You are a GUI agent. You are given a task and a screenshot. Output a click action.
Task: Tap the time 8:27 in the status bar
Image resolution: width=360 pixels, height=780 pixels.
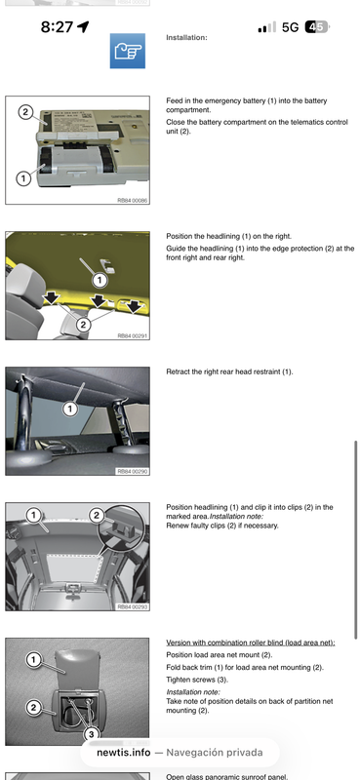[57, 27]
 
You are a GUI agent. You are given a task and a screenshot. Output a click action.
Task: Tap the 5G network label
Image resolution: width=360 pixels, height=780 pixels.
[290, 27]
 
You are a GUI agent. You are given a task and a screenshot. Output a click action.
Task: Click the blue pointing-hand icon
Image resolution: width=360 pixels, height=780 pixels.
[127, 50]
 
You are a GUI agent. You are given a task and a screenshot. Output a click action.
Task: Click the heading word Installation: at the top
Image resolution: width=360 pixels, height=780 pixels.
[185, 38]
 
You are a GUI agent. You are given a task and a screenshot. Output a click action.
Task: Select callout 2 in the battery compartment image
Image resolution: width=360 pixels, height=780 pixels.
[24, 112]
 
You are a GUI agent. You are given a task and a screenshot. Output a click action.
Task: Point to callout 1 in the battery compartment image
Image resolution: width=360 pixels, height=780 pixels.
[21, 177]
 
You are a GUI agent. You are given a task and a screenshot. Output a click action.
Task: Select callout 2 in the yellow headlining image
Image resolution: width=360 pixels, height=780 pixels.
[84, 324]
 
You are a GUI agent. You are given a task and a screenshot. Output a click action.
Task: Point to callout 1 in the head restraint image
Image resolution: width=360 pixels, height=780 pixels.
[70, 408]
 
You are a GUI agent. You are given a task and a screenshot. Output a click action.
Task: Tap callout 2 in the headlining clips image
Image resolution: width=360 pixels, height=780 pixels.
[97, 514]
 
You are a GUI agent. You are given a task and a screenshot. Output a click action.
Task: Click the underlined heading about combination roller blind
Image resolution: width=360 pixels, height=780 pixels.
[251, 643]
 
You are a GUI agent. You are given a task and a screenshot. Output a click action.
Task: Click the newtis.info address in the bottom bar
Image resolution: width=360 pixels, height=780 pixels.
[123, 753]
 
